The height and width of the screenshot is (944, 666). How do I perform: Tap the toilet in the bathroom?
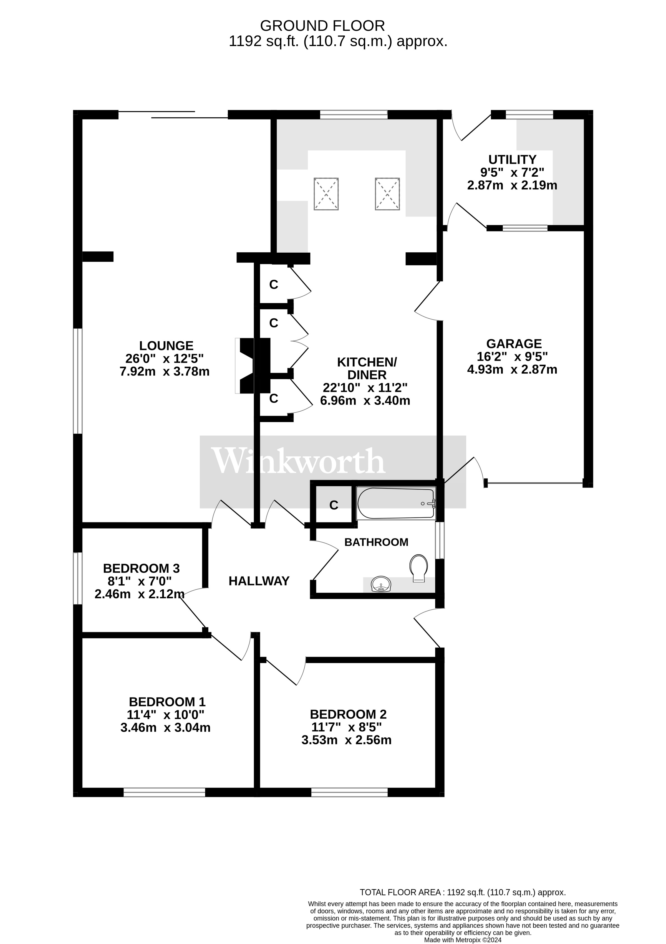coord(418,568)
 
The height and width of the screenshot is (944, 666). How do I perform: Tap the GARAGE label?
coord(514,344)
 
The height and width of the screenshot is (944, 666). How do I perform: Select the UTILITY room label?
coord(512,159)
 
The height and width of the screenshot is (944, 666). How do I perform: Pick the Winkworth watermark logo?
coord(298,461)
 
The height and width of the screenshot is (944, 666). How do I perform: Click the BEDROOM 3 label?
coord(141,569)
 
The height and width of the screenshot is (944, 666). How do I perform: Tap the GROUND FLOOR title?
coord(322,26)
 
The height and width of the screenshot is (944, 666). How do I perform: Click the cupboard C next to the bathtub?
coord(334,505)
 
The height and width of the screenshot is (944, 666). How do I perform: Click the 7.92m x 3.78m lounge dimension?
coord(165,372)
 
